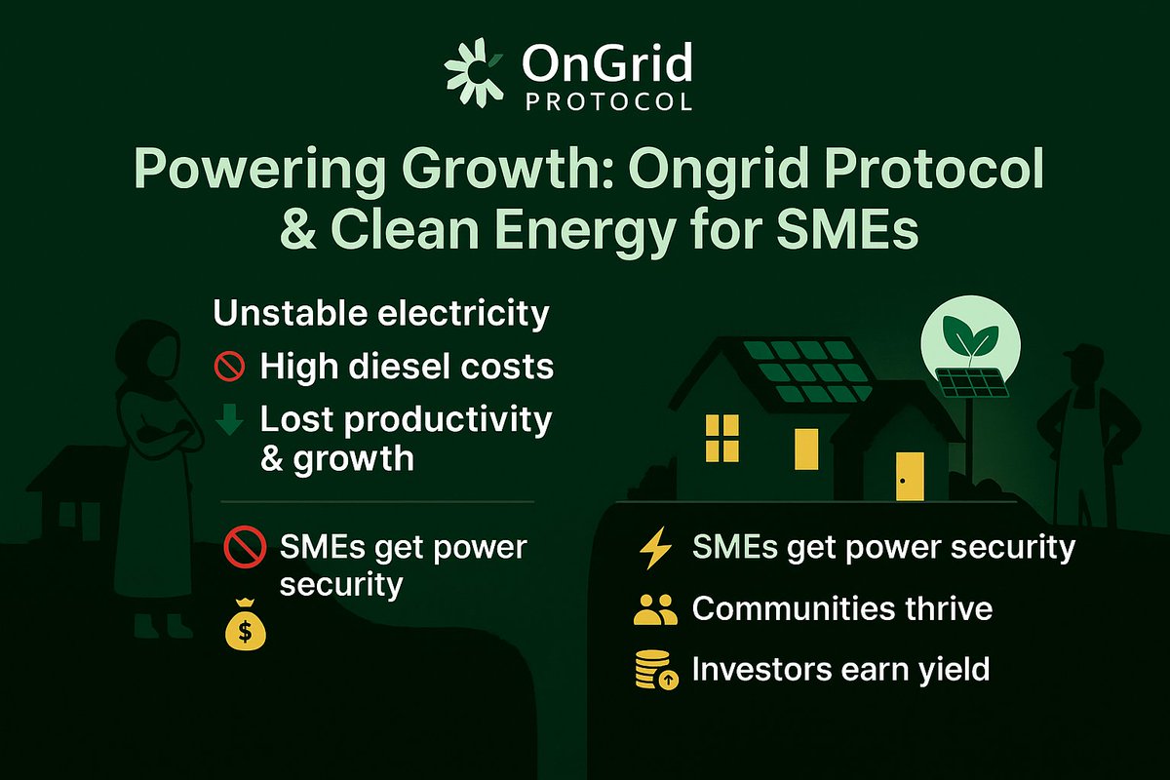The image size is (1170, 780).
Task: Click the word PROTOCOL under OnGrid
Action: [608, 101]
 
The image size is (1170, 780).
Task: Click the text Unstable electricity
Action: [380, 315]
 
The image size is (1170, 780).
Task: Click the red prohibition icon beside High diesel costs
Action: [226, 368]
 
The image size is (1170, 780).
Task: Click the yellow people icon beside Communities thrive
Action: [654, 610]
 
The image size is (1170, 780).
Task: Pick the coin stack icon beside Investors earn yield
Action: [655, 671]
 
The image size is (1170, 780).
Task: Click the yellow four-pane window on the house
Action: [722, 437]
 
